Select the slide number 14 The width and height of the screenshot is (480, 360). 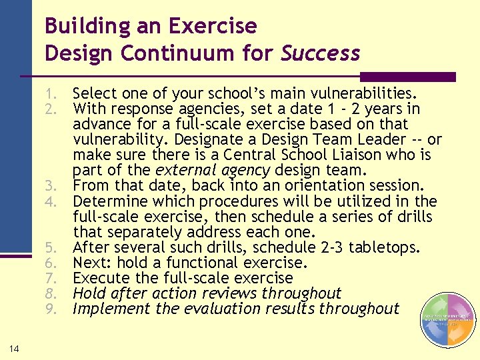[14, 348]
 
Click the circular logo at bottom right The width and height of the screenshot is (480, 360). [448, 320]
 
